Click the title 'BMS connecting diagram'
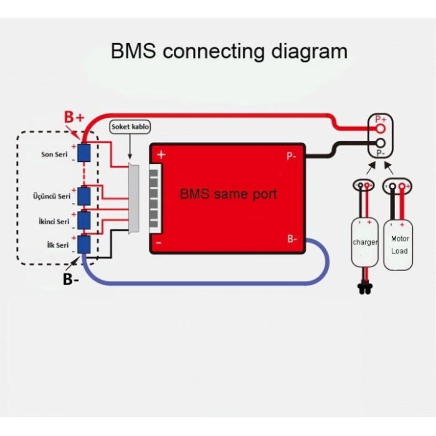click(x=229, y=50)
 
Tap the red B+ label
click(x=74, y=117)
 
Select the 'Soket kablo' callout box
click(x=130, y=126)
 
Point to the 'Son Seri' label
click(x=55, y=154)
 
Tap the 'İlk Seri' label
click(x=57, y=245)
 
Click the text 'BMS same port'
click(x=228, y=194)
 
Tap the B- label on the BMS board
click(x=292, y=239)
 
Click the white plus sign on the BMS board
click(x=161, y=154)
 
